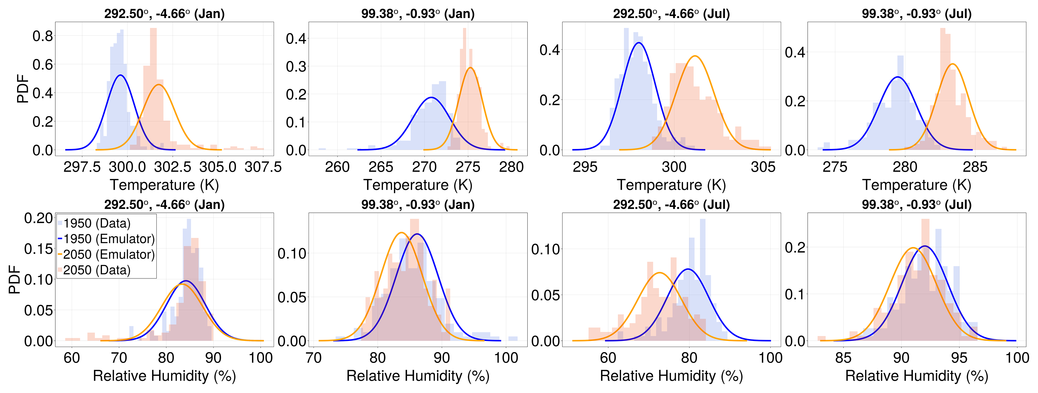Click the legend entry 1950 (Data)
(x=97, y=223)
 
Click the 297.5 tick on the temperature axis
(x=82, y=167)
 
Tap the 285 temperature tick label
(x=975, y=167)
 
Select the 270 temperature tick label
(x=424, y=167)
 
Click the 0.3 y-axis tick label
(x=296, y=66)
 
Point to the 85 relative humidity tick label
(x=843, y=357)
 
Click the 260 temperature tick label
(x=337, y=167)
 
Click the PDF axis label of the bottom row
(x=15, y=279)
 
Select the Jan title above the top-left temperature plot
(x=164, y=14)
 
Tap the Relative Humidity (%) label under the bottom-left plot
(x=164, y=376)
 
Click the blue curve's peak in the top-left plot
(x=120, y=75)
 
